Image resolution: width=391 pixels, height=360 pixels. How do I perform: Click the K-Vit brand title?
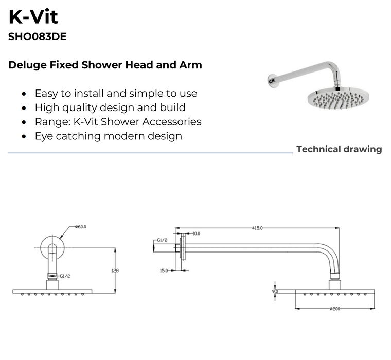pos(33,17)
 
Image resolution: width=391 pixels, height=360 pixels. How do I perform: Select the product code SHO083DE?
pos(38,37)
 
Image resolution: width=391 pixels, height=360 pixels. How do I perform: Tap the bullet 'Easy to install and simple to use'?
pos(116,94)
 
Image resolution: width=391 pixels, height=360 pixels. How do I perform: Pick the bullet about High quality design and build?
pos(110,108)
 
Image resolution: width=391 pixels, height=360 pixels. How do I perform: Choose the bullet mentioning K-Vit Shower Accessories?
pos(118,122)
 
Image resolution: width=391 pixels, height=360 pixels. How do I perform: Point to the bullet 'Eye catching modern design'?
pos(108,136)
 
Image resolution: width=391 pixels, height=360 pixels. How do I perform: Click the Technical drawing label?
pos(339,149)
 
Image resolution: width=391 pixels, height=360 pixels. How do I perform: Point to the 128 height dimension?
pos(118,269)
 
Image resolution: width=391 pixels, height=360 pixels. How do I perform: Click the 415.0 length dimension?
pos(257,228)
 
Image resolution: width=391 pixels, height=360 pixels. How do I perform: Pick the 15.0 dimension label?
pos(164,271)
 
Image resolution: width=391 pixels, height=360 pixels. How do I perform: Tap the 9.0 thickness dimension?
pos(275,291)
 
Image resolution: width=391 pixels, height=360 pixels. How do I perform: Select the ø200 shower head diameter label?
pos(335,309)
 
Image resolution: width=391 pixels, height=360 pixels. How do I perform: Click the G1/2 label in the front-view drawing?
pos(65,276)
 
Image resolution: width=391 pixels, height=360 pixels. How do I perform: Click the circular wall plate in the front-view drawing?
pos(52,246)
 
